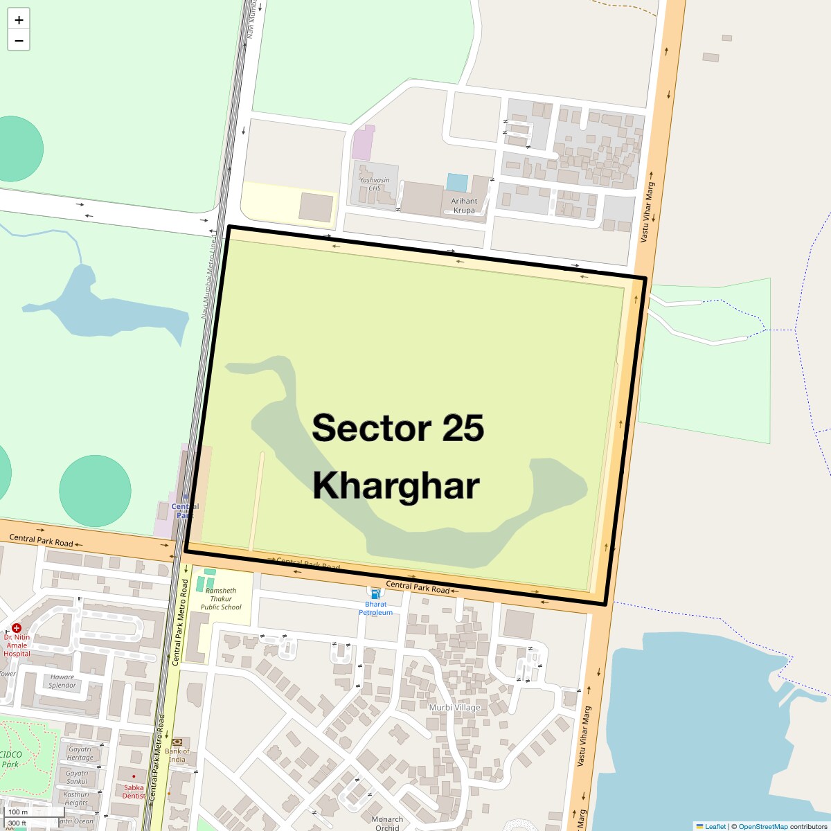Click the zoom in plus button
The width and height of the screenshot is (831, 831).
tap(19, 20)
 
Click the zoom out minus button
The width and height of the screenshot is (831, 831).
tap(19, 41)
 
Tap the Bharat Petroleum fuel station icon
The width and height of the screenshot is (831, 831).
tap(375, 594)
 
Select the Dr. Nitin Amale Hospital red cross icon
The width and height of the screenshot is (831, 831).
tap(17, 627)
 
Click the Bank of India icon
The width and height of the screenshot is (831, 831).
tap(177, 742)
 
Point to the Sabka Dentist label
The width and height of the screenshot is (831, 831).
tap(134, 791)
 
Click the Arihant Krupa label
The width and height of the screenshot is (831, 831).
tap(464, 206)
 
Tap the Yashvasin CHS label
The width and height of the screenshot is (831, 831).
tap(375, 184)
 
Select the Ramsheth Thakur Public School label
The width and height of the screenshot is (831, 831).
tap(221, 599)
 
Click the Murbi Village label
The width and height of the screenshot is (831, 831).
tap(454, 708)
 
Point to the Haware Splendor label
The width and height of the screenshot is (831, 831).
tap(62, 681)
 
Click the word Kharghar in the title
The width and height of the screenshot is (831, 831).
tap(395, 485)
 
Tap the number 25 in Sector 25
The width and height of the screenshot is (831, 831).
tap(463, 428)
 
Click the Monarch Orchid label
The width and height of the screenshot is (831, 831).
tap(387, 823)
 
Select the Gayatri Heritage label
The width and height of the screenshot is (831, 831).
tap(80, 753)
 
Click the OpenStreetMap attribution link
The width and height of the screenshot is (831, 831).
tap(762, 826)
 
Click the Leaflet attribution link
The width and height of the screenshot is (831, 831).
tap(715, 826)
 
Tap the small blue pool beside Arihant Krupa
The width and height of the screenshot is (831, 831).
tap(457, 183)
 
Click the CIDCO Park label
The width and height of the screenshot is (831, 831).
tap(10, 760)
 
